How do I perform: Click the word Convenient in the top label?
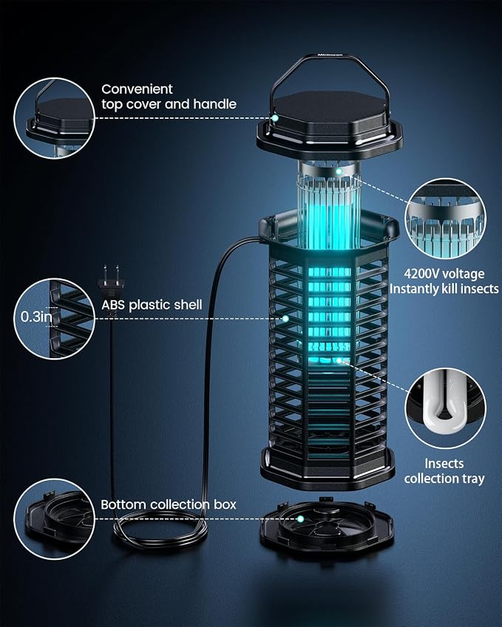(137, 89)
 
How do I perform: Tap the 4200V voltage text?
(444, 274)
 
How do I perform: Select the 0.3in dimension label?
(36, 317)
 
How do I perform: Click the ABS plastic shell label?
(152, 305)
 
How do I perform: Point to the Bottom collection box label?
(169, 504)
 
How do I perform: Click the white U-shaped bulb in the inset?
(444, 399)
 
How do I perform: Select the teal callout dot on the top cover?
(274, 118)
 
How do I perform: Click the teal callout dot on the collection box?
(300, 518)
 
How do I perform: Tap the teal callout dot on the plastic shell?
(285, 319)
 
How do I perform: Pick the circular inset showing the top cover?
(55, 118)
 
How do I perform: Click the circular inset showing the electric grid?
(446, 219)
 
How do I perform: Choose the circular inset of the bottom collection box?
(55, 519)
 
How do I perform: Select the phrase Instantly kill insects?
(444, 289)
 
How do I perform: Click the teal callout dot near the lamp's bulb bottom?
(339, 360)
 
